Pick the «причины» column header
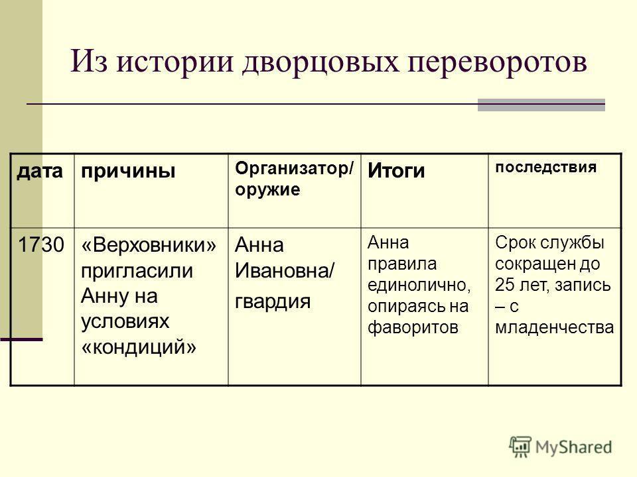128,171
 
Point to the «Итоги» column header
396,171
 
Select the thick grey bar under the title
541,104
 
